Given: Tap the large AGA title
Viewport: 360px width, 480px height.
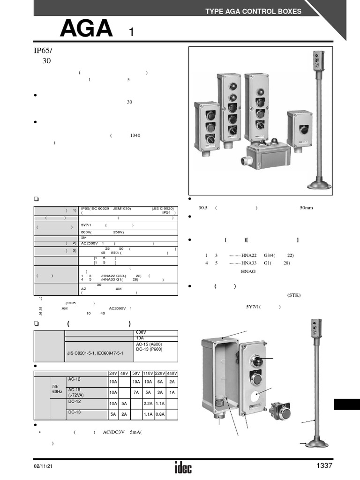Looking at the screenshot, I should (86, 30).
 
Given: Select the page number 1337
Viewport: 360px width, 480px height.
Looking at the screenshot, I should (324, 465).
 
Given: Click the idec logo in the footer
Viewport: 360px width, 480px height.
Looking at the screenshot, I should (183, 467).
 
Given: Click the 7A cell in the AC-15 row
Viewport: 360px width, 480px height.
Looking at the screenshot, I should (136, 392).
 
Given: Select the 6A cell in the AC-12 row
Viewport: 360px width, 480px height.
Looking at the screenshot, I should (160, 382).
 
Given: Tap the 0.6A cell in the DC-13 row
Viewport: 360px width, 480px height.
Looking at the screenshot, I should (160, 414).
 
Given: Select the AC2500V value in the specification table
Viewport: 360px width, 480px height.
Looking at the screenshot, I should (90, 243).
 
